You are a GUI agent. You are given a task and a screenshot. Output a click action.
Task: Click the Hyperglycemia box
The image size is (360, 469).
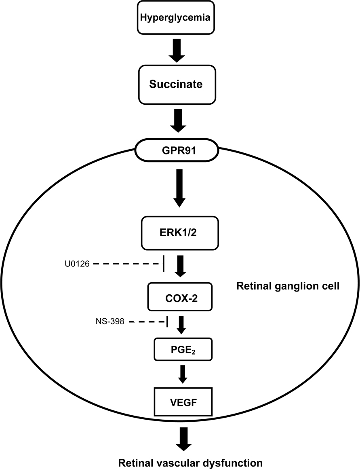tap(179, 18)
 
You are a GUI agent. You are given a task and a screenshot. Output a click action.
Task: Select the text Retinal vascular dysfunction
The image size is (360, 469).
tap(190, 462)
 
